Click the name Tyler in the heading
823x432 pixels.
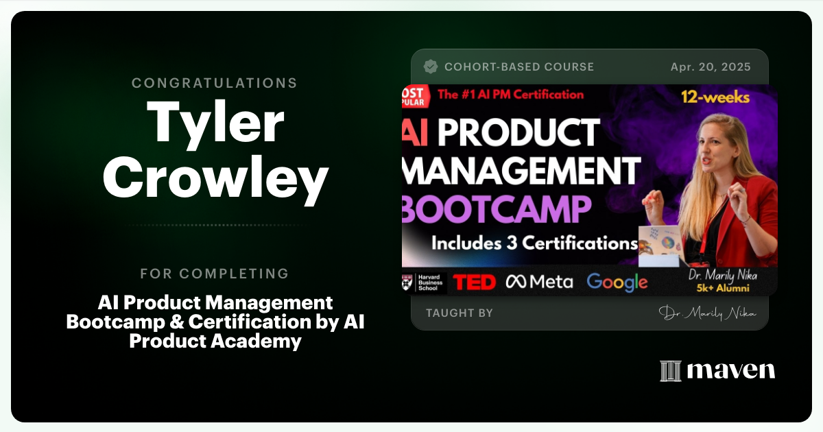tap(215, 123)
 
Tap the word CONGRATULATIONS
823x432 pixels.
tap(215, 83)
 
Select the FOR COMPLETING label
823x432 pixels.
tap(215, 274)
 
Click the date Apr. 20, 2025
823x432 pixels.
tap(711, 67)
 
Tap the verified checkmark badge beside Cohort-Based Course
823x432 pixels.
tap(431, 67)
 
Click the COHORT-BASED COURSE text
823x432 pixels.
tap(519, 67)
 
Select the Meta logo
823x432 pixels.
tap(539, 282)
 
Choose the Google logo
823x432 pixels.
tap(617, 282)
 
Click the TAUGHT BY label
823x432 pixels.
tap(460, 313)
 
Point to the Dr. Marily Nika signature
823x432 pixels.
tap(707, 313)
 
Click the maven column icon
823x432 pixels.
tap(670, 371)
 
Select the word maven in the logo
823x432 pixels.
tap(731, 371)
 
